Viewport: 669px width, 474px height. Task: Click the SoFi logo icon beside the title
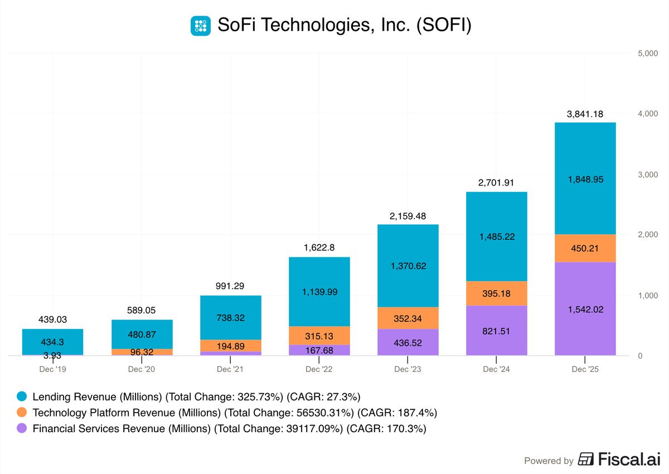201,26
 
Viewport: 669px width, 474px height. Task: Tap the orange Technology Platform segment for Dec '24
496,293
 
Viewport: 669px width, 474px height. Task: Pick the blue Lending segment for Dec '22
319,292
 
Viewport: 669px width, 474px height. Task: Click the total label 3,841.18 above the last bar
585,114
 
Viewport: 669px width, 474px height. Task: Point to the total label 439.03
52,320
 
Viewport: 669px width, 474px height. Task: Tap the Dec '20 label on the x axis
142,369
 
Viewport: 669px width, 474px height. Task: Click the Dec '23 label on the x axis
408,369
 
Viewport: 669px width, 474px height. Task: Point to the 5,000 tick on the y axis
647,54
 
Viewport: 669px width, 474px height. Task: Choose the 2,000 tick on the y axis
647,235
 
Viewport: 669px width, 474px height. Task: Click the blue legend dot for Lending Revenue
21,397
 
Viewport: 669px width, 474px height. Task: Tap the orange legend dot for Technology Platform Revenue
21,413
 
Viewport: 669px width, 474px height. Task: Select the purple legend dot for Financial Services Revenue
21,429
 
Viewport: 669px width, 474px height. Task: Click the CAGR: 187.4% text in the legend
397,413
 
